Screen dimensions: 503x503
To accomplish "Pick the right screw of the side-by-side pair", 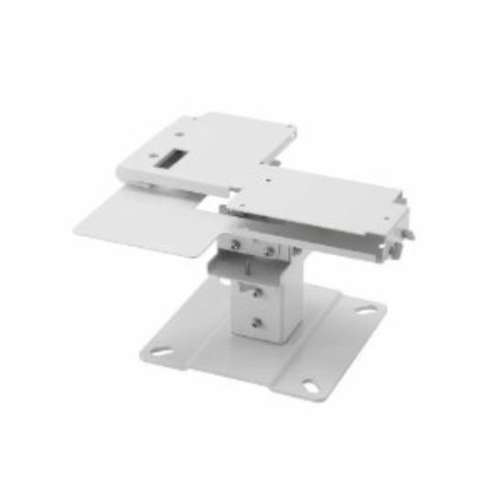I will (x=267, y=248).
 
